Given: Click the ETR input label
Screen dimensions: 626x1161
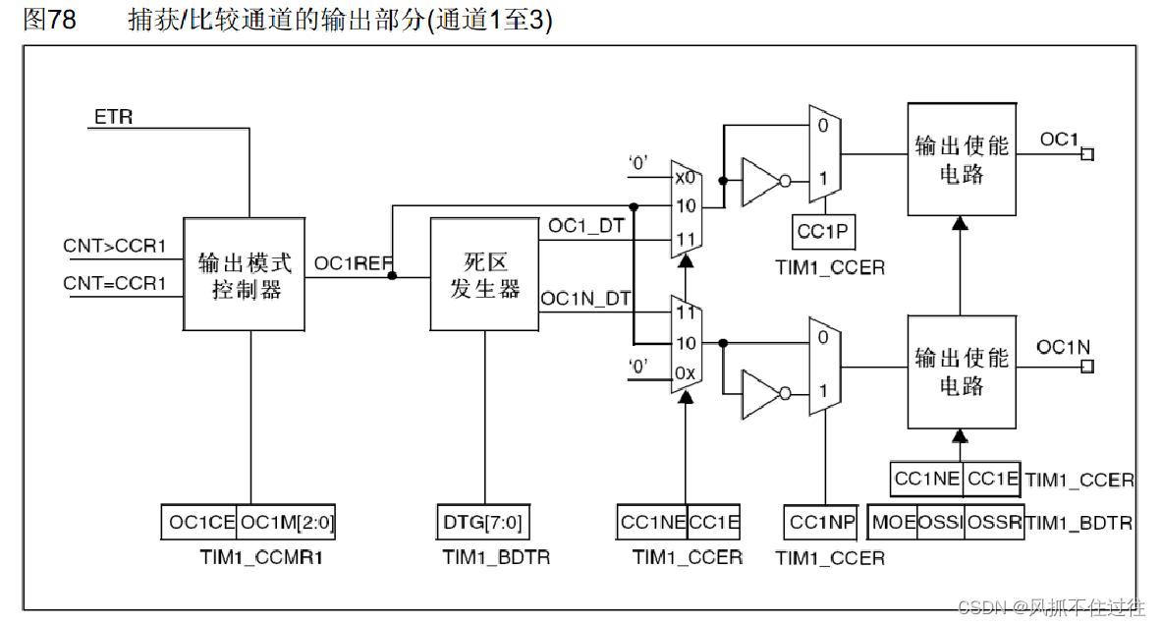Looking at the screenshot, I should click(x=113, y=118).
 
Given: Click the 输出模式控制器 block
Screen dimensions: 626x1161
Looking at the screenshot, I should click(x=245, y=275).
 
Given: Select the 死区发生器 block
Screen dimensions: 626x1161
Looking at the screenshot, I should click(x=484, y=275).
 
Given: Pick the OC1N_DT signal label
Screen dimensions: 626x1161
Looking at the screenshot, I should click(x=586, y=299).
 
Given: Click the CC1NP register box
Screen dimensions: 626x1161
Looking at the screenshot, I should click(x=823, y=522).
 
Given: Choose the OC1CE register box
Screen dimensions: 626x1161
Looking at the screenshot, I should click(x=199, y=522).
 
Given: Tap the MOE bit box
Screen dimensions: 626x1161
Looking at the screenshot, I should click(x=893, y=522).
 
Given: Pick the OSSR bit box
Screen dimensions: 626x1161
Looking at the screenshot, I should click(x=995, y=522).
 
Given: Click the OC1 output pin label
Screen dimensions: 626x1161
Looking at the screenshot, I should click(x=1059, y=140).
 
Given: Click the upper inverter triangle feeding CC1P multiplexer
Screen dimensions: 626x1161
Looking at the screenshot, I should click(x=760, y=181).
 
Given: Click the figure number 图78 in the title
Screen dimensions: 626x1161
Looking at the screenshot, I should click(x=49, y=21).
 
